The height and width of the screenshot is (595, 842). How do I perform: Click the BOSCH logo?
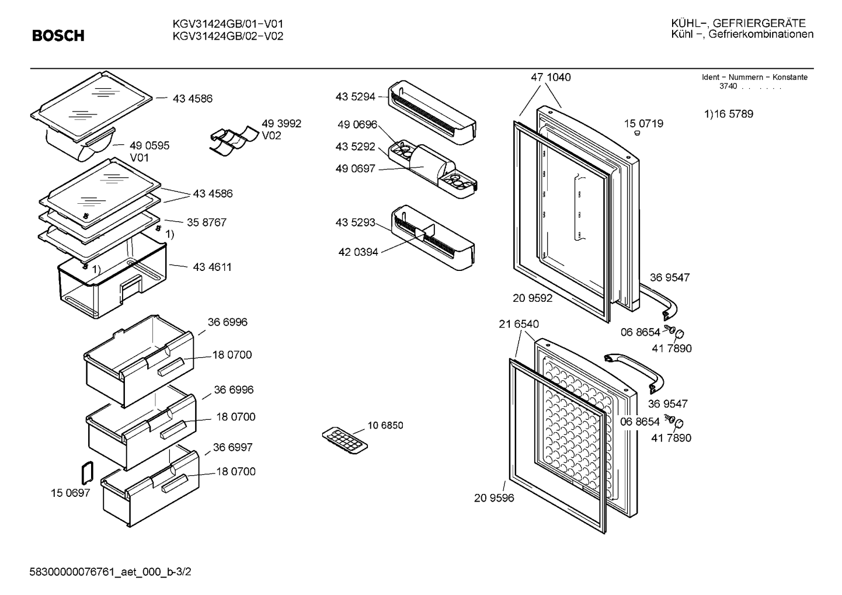(x=58, y=36)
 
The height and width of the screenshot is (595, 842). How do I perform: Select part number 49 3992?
(x=281, y=124)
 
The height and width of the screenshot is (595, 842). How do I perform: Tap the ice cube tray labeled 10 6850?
(x=345, y=440)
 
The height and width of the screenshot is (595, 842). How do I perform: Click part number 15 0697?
(x=70, y=493)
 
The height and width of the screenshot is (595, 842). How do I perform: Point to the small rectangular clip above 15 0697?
(x=87, y=473)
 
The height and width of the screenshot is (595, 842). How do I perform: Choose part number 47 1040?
(x=551, y=77)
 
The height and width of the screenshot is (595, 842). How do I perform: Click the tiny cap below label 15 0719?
(x=637, y=133)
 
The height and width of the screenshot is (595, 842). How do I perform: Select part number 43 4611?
(x=212, y=267)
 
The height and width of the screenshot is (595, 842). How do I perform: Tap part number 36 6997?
(x=232, y=447)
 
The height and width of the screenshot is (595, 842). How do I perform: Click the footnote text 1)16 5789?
(x=729, y=114)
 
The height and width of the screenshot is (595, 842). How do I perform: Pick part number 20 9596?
(x=494, y=497)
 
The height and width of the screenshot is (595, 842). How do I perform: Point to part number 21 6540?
(x=519, y=324)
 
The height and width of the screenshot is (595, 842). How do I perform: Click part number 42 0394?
(x=358, y=252)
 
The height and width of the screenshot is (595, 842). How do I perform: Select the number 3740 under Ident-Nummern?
(x=728, y=86)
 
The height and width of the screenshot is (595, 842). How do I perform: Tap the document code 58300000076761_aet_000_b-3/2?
(x=110, y=572)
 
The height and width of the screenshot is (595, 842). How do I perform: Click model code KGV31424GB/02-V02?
(x=228, y=36)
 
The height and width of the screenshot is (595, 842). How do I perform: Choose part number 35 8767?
(x=207, y=222)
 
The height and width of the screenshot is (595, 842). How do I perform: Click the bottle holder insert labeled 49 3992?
(x=234, y=140)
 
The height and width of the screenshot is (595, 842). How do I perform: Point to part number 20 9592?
(x=533, y=298)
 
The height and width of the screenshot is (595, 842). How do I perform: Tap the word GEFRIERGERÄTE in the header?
(x=759, y=23)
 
